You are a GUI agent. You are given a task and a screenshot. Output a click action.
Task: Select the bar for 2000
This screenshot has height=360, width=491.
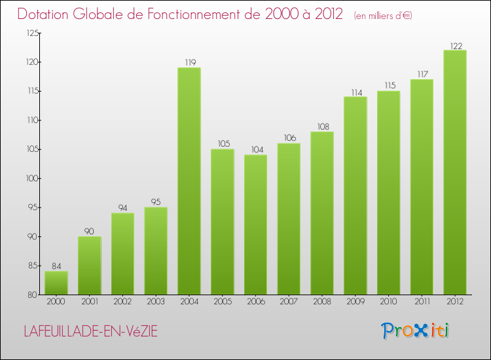tap(56, 283)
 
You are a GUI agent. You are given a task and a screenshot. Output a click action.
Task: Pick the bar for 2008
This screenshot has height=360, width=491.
tap(322, 213)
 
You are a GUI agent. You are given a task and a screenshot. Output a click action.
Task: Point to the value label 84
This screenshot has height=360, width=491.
tap(56, 266)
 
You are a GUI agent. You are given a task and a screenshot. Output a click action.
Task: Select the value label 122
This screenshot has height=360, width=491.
tap(455, 46)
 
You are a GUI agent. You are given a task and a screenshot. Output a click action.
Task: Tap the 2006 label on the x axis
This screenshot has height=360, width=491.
tap(256, 301)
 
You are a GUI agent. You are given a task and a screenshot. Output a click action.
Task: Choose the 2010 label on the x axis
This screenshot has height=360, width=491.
tap(388, 301)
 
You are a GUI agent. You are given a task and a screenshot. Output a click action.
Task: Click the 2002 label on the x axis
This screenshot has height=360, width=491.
tap(123, 301)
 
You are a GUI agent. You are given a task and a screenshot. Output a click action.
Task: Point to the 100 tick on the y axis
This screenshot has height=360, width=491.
tap(31, 179)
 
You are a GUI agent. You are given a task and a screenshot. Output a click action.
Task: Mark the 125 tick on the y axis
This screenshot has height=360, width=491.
tap(31, 33)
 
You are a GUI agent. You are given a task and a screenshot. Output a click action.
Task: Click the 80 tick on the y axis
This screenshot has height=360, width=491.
tap(33, 295)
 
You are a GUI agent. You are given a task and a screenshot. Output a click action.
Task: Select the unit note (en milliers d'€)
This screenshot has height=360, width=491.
tap(383, 15)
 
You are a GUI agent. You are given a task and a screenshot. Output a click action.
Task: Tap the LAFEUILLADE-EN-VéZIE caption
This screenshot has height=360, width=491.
tap(90, 331)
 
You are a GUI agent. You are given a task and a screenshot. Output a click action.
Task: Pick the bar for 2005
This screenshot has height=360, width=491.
tap(223, 222)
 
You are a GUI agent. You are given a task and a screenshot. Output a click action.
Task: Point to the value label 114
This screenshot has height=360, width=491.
tap(355, 92)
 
